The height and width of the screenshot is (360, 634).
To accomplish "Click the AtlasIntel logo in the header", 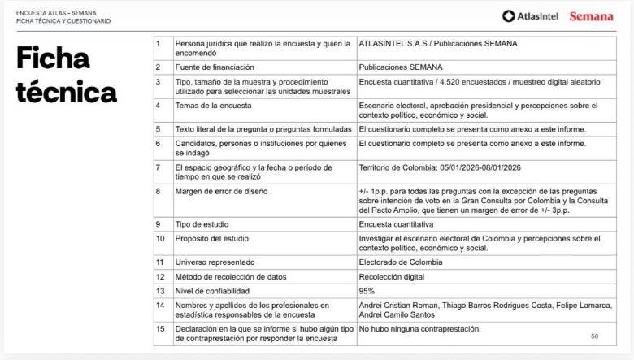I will click(530, 16).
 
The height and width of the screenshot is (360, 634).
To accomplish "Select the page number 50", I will click(594, 335).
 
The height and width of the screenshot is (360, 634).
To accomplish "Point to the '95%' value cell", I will click(367, 291).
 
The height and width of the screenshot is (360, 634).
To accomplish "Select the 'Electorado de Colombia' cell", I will click(401, 262).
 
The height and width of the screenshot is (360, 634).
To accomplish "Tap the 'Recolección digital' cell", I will click(393, 276).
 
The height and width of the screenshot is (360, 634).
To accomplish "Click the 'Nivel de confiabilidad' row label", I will click(212, 291).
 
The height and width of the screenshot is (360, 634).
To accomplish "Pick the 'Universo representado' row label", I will click(215, 262).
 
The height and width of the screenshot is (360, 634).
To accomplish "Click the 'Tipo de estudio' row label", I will click(204, 223).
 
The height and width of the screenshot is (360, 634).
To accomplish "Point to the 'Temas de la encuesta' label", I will click(213, 106).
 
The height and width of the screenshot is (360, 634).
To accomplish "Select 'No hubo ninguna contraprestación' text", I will click(419, 329).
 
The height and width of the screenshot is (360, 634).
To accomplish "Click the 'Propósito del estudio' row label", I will click(213, 238).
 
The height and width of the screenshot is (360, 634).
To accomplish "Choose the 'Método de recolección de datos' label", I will click(231, 276).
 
